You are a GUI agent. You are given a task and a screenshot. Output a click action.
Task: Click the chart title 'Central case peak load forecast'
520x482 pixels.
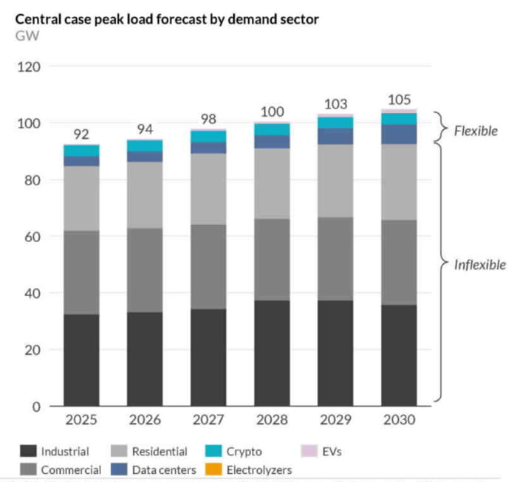click(x=167, y=19)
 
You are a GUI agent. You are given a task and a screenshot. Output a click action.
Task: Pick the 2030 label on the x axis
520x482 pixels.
click(x=399, y=420)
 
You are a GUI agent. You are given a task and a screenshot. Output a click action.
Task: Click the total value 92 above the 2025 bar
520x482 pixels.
click(x=81, y=134)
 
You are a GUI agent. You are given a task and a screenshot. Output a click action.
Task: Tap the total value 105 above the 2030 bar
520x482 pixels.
click(x=399, y=100)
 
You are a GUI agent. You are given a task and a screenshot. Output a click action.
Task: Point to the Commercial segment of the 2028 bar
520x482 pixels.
click(x=272, y=259)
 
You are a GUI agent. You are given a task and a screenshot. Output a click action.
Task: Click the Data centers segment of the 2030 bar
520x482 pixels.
click(x=399, y=134)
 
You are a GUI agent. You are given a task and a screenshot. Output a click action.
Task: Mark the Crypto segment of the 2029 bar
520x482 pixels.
click(x=335, y=123)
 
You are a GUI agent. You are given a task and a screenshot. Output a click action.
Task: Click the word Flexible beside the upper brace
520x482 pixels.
click(x=476, y=131)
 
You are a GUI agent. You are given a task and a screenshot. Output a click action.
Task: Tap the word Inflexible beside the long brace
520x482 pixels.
click(x=480, y=265)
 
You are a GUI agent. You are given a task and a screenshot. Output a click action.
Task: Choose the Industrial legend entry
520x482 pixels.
click(x=55, y=451)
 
